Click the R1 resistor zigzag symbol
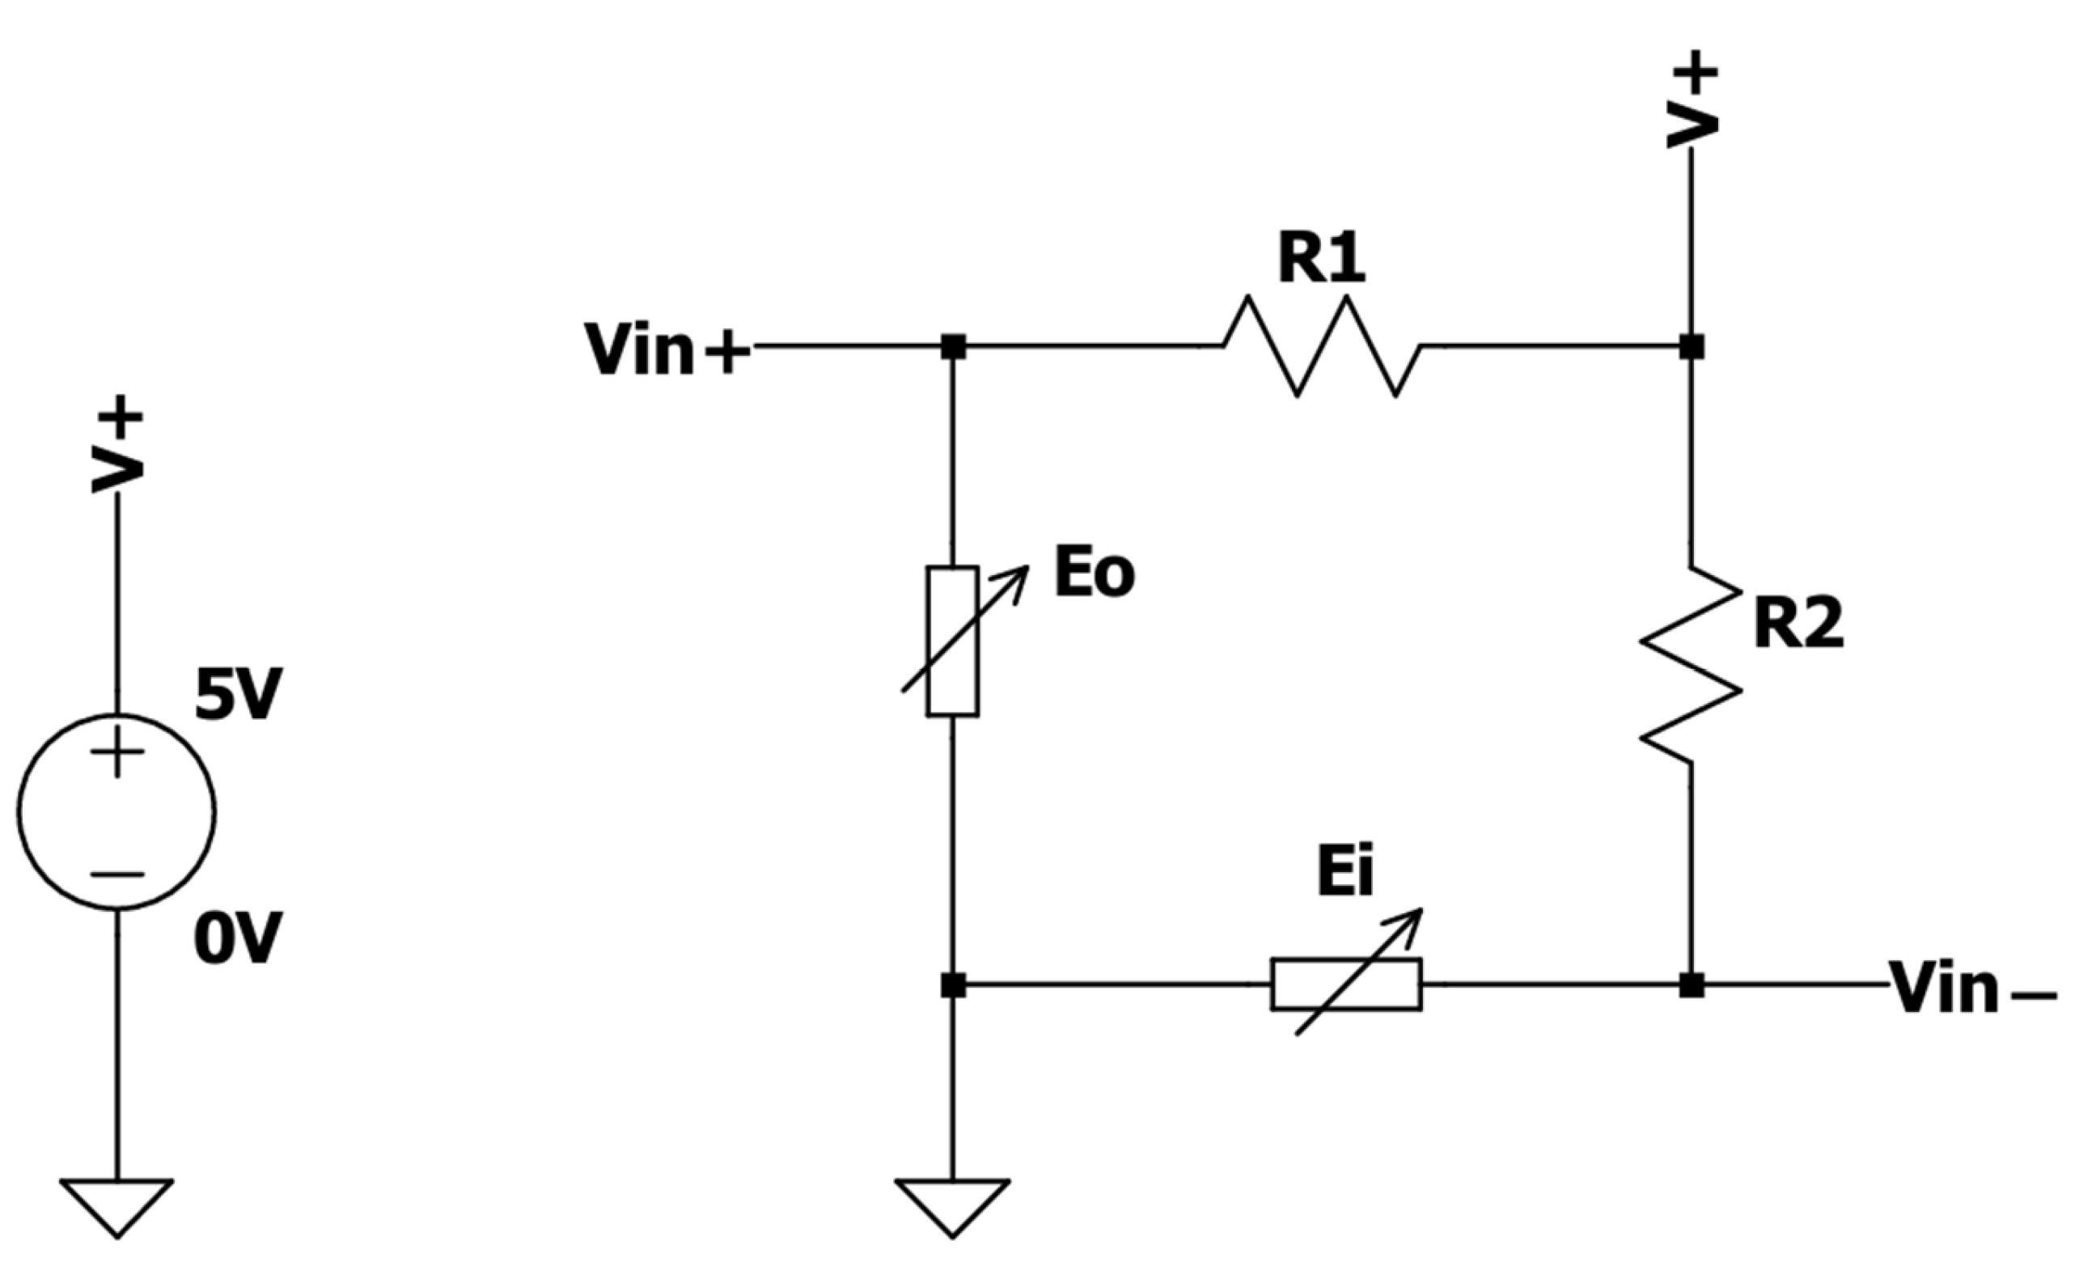coord(1322,345)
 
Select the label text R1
coord(1321,258)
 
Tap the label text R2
coord(1798,624)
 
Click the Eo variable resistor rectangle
coord(952,641)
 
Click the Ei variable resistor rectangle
coord(1345,984)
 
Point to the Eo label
coord(1094,574)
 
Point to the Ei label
coord(1344,874)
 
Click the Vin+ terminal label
coord(667,349)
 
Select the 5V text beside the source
coord(238,696)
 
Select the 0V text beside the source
coord(238,941)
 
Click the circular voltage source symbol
coord(116,812)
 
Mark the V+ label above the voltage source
coord(116,444)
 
